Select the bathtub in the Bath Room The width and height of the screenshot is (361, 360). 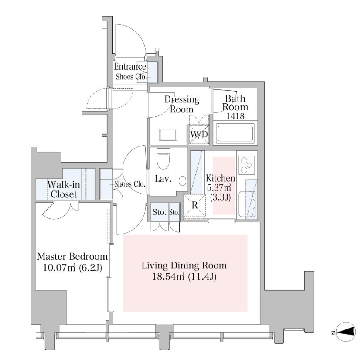coord(235,134)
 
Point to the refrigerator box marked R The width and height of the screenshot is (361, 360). coord(194,204)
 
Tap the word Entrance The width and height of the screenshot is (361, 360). coord(129,67)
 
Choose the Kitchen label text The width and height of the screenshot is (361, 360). coord(221,178)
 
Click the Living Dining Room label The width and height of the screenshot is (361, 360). coord(185,265)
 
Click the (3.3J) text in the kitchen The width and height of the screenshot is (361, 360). coord(221,197)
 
